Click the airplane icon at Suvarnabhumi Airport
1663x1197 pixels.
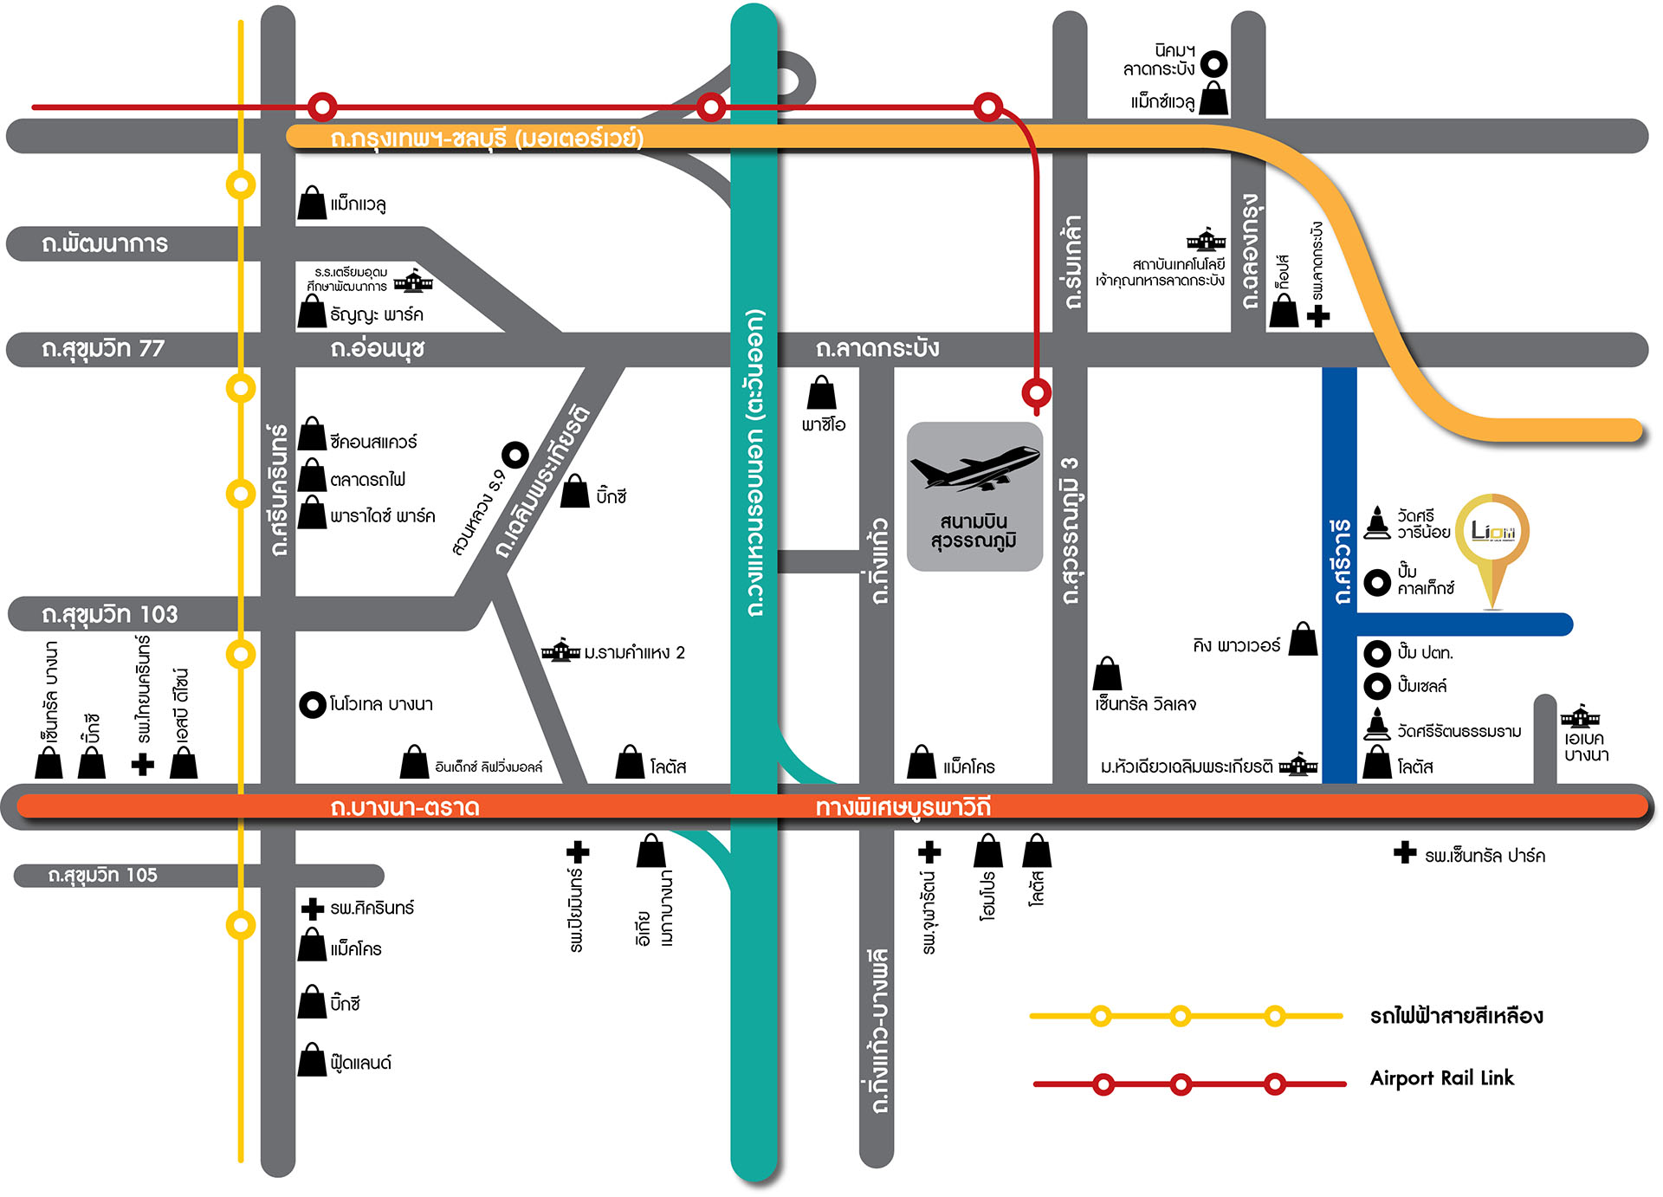pos(974,469)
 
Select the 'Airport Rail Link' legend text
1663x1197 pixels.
pos(1441,1078)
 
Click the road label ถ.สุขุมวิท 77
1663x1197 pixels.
pos(103,349)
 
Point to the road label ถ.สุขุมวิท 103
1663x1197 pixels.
pos(110,615)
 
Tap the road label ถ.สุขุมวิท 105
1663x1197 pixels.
pos(103,876)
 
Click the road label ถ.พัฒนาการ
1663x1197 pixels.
pos(105,244)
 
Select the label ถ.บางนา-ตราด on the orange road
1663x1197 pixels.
pos(404,808)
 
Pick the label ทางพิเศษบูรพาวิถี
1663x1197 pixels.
pos(903,808)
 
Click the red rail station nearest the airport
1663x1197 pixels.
pos(1036,392)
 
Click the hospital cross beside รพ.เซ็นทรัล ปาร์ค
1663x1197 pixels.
pos(1404,853)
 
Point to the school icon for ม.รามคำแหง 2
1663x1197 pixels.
pos(560,650)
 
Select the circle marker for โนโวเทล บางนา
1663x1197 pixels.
pos(312,705)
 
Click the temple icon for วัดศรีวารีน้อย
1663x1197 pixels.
pos(1377,523)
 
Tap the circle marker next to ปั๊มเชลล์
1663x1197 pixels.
pos(1377,686)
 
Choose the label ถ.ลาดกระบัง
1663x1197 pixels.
pos(877,349)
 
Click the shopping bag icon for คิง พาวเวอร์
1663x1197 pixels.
pos(1303,640)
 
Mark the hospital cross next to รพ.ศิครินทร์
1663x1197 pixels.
pos(312,909)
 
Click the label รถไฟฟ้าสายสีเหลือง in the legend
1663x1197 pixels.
pos(1456,1016)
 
